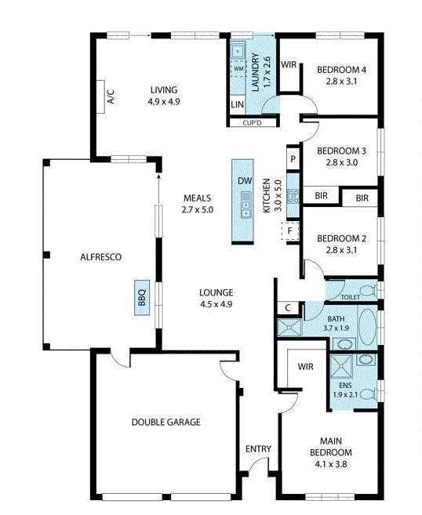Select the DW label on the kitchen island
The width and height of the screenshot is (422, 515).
pyautogui.click(x=245, y=181)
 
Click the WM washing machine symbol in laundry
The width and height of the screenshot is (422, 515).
pyautogui.click(x=238, y=69)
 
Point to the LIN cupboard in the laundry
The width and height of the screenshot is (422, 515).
pyautogui.click(x=237, y=104)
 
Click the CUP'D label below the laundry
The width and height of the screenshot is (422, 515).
pyautogui.click(x=252, y=122)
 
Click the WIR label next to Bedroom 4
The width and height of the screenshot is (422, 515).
pyautogui.click(x=288, y=65)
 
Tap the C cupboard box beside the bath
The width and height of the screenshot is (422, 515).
pyautogui.click(x=289, y=307)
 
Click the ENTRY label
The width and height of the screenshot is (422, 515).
pyautogui.click(x=258, y=449)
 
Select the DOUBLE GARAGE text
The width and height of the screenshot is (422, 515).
pyautogui.click(x=166, y=423)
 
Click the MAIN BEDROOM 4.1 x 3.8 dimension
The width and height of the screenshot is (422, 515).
pyautogui.click(x=329, y=464)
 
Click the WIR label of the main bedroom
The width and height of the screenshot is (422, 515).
pyautogui.click(x=305, y=367)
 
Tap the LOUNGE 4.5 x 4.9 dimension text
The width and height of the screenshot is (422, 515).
pyautogui.click(x=216, y=304)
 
